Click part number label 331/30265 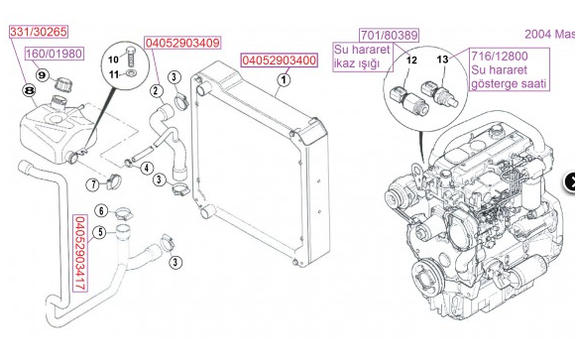[x=39, y=32]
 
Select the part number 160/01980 [x=54, y=54]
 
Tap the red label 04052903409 [x=182, y=43]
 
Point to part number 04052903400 [x=279, y=60]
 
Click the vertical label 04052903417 [x=80, y=253]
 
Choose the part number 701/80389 [x=389, y=36]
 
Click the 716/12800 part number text [x=500, y=57]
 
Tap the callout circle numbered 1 [x=284, y=80]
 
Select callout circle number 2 [x=157, y=90]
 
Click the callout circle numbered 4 [x=147, y=168]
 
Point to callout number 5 [x=100, y=232]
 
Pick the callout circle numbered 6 [x=101, y=210]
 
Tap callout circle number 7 [x=93, y=184]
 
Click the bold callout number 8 [x=30, y=90]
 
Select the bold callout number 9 [x=43, y=75]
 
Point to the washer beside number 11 [x=130, y=73]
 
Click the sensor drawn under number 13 [x=439, y=94]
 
